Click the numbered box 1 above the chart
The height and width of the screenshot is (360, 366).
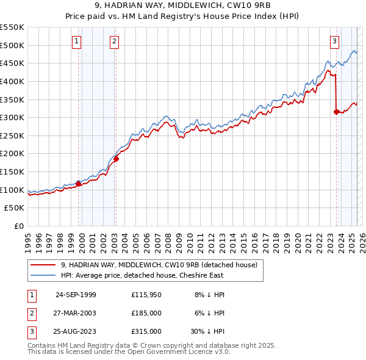[x=77, y=41]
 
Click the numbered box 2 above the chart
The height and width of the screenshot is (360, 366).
[x=115, y=41]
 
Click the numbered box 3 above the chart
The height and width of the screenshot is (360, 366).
[x=335, y=41]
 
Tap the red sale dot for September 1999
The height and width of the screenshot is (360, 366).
[x=79, y=183]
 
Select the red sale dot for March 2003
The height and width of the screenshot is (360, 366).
[x=116, y=159]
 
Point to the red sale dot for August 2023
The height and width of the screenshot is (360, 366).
[x=336, y=112]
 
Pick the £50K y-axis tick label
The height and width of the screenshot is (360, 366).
[x=15, y=208]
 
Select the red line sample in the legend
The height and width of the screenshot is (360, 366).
[x=43, y=265]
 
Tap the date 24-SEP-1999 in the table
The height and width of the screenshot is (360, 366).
[x=76, y=295]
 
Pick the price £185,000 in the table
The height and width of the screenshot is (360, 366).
[x=146, y=313]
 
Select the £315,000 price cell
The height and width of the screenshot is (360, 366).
[x=146, y=331]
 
